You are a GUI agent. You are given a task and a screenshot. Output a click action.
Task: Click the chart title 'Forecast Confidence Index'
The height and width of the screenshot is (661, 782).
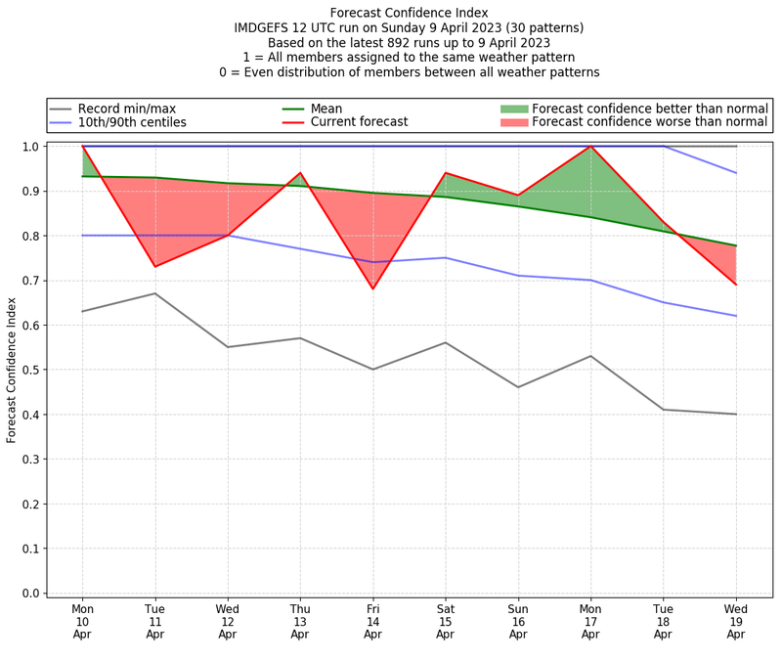coord(409,13)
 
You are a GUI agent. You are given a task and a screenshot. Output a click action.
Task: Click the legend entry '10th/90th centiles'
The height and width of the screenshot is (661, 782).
coord(132,123)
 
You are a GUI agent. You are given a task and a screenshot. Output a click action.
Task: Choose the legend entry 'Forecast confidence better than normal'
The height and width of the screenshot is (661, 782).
coord(650,109)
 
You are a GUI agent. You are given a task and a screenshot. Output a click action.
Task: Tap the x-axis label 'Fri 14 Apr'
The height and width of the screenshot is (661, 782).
coord(372,621)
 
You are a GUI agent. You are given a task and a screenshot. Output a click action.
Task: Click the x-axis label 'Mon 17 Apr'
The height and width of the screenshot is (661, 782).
coord(590,621)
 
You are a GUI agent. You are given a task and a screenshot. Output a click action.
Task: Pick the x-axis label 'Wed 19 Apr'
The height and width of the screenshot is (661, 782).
coord(735,621)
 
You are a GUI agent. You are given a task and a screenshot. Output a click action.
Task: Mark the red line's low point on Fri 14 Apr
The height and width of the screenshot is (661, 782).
coord(372,288)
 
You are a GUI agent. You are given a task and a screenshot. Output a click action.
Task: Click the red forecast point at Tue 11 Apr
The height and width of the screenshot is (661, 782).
coord(154,266)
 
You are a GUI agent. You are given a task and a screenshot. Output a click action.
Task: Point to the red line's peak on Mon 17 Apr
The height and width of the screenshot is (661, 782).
coord(590,147)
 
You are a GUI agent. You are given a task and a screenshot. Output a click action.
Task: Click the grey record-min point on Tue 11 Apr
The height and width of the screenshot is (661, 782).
coord(154,293)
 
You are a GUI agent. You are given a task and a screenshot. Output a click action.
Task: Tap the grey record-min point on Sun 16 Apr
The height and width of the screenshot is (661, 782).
coord(518,387)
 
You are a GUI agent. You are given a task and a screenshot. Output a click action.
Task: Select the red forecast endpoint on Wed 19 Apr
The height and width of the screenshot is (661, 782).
coord(735,285)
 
